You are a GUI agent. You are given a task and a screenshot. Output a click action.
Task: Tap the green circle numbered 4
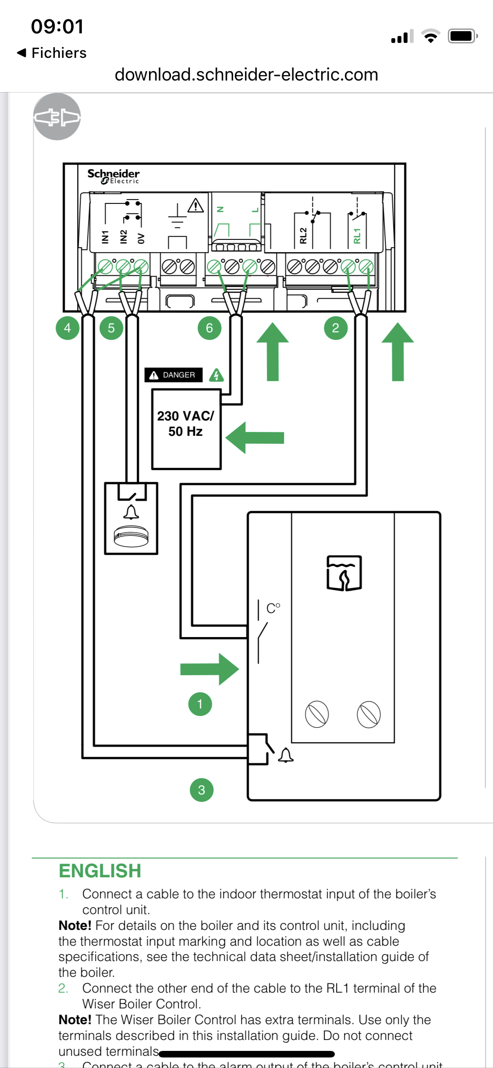coord(67,328)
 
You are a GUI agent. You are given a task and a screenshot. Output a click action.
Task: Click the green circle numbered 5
coord(111,328)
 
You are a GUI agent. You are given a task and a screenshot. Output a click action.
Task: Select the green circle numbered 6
coord(209,328)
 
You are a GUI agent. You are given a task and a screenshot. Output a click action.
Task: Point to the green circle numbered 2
coord(336,328)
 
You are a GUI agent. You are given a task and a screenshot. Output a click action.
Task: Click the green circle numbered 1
coord(200,704)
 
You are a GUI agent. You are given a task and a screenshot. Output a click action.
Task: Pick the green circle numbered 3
coord(202,790)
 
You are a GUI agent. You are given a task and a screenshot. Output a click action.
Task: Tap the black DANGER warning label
coord(174,375)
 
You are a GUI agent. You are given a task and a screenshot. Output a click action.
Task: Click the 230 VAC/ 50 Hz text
coord(186,424)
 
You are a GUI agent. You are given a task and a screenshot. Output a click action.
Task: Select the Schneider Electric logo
coord(113,176)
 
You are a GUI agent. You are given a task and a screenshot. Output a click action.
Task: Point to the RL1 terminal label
coord(357,235)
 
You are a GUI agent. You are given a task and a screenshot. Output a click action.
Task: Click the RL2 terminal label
coord(303,235)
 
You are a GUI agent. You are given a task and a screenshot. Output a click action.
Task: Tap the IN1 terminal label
coord(105,237)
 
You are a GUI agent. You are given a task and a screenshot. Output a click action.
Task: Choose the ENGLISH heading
coord(100,871)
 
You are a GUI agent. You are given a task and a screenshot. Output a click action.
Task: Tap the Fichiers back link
coord(52,53)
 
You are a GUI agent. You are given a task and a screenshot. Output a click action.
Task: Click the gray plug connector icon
coord(57,117)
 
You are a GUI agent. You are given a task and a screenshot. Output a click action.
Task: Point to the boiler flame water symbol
coord(344,573)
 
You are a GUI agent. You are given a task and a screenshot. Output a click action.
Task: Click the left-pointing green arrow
coord(255,438)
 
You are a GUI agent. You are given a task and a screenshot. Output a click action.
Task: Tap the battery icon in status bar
coord(462,36)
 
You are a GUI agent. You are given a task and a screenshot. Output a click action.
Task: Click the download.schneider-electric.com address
coord(246,75)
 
